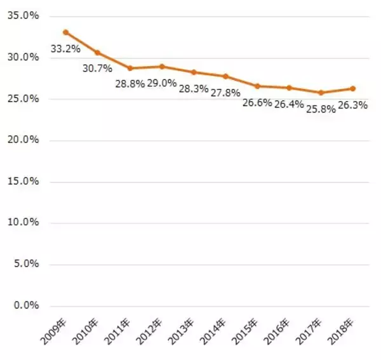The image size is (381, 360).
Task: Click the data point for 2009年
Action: (65, 32)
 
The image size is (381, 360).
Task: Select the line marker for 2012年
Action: (161, 66)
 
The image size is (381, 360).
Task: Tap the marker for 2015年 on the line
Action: (257, 86)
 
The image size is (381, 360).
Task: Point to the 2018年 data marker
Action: (353, 88)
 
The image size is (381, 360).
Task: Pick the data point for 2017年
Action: (321, 93)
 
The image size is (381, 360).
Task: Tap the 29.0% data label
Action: (161, 83)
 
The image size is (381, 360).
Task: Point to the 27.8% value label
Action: (225, 93)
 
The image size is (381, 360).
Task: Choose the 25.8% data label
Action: (320, 108)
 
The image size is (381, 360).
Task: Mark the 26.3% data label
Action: (352, 105)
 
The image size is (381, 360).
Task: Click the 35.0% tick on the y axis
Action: (23, 16)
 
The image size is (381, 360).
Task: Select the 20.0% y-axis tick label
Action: (23, 140)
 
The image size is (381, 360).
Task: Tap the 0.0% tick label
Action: (25, 305)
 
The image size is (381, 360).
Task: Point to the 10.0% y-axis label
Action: (23, 222)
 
